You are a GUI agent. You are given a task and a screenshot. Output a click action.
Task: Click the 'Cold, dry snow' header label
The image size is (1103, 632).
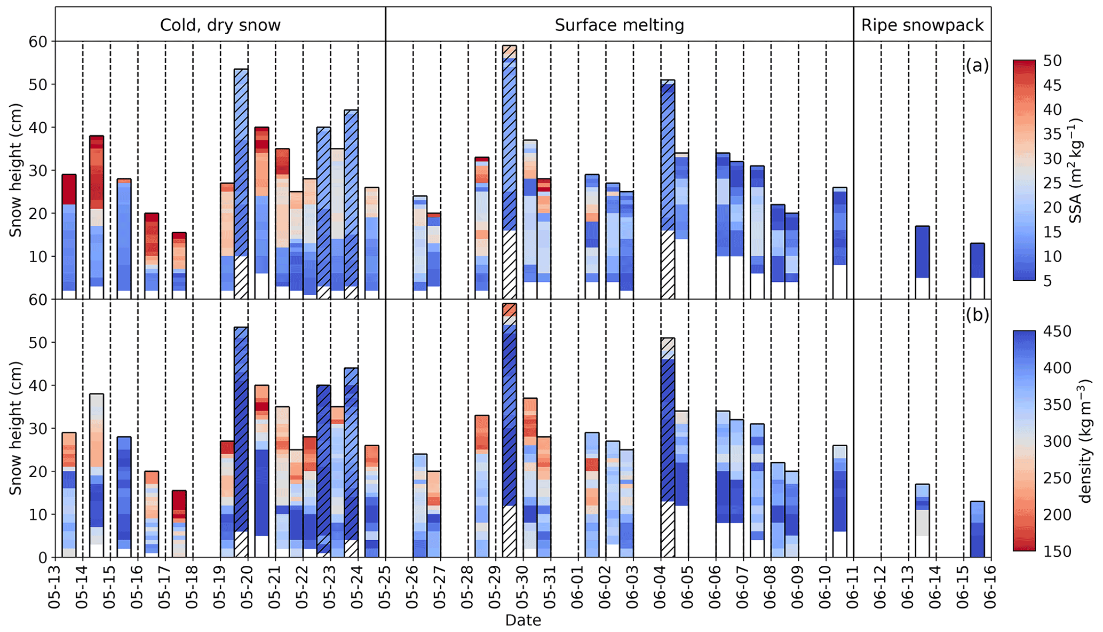point(220,25)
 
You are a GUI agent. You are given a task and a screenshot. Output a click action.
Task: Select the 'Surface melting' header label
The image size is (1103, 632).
point(619,25)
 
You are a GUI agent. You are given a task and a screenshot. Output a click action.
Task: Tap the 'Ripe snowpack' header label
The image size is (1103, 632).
point(922,25)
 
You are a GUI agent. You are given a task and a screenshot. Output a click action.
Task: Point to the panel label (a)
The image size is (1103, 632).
point(977,66)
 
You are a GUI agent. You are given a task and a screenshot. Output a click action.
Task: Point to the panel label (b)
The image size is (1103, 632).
point(977,315)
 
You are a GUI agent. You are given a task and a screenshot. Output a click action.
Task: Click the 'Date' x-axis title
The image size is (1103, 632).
point(523,620)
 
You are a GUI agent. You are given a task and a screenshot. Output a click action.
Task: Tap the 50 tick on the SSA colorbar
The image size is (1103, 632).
point(1052,61)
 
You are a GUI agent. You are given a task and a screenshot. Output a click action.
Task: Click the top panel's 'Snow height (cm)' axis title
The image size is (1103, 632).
point(15,170)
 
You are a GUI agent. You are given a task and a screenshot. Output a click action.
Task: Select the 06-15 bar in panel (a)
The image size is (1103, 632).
point(978,271)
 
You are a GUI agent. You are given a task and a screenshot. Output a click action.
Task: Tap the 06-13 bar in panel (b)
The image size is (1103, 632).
point(922,520)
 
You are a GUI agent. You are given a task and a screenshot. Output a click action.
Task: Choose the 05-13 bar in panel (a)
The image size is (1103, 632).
point(69,236)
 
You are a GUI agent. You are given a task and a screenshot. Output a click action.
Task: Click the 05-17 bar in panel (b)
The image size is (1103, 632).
point(179,524)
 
